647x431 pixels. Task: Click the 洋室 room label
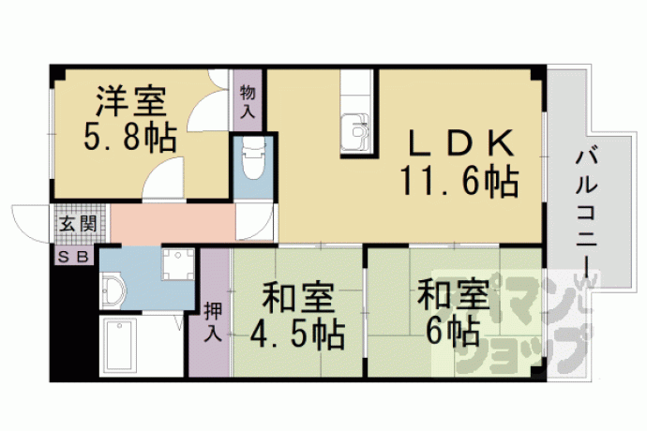point(131,101)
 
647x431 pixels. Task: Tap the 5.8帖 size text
point(130,137)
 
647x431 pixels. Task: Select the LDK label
point(460,143)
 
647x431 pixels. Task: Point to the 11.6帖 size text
point(459,181)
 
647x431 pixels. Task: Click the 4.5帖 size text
point(297,334)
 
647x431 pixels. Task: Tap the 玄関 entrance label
point(78,224)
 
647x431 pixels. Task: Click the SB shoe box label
point(72,257)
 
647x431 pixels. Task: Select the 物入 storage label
point(248,101)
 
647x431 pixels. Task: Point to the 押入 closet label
point(214,321)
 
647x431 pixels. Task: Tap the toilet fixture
point(253,158)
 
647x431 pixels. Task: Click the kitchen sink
point(354,131)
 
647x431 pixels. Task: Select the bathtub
point(119,345)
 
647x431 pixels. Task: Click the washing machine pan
point(178,264)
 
